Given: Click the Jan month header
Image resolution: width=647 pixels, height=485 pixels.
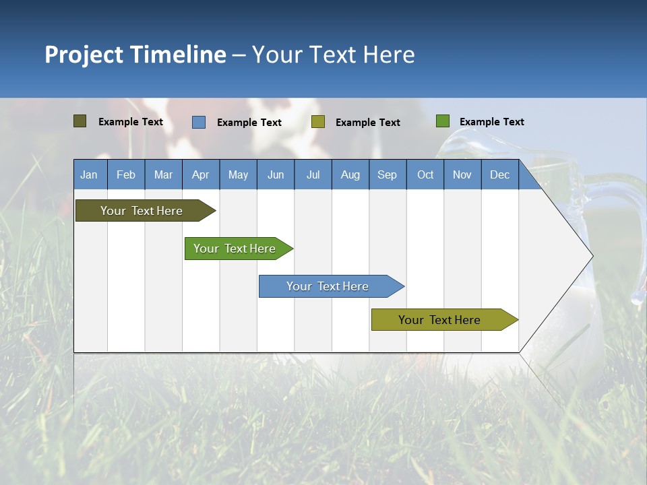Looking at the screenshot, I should click(90, 174).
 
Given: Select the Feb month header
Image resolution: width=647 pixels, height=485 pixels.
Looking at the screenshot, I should click(126, 174).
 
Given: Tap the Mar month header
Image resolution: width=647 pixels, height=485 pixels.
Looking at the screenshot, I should click(163, 174).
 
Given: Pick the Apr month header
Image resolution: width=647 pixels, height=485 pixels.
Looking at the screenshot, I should click(201, 174).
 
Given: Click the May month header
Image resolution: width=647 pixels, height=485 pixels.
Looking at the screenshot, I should click(238, 174).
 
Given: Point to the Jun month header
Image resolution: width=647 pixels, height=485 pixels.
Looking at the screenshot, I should click(276, 174).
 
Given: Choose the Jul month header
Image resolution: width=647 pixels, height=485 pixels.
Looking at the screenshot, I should click(313, 174).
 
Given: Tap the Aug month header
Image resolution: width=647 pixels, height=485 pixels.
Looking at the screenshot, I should click(350, 174).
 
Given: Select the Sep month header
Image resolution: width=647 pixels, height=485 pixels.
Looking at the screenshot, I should click(388, 174).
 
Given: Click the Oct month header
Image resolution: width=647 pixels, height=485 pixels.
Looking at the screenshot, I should click(425, 174).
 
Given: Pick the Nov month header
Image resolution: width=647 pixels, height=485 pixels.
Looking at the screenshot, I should click(462, 174).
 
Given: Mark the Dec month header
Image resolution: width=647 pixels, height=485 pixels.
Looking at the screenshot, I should click(500, 174).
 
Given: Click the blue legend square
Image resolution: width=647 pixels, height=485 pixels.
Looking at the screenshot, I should click(199, 122).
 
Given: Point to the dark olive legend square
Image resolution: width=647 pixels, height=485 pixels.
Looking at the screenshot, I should click(80, 121).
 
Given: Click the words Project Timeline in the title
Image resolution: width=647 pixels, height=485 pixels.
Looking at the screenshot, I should click(135, 55).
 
